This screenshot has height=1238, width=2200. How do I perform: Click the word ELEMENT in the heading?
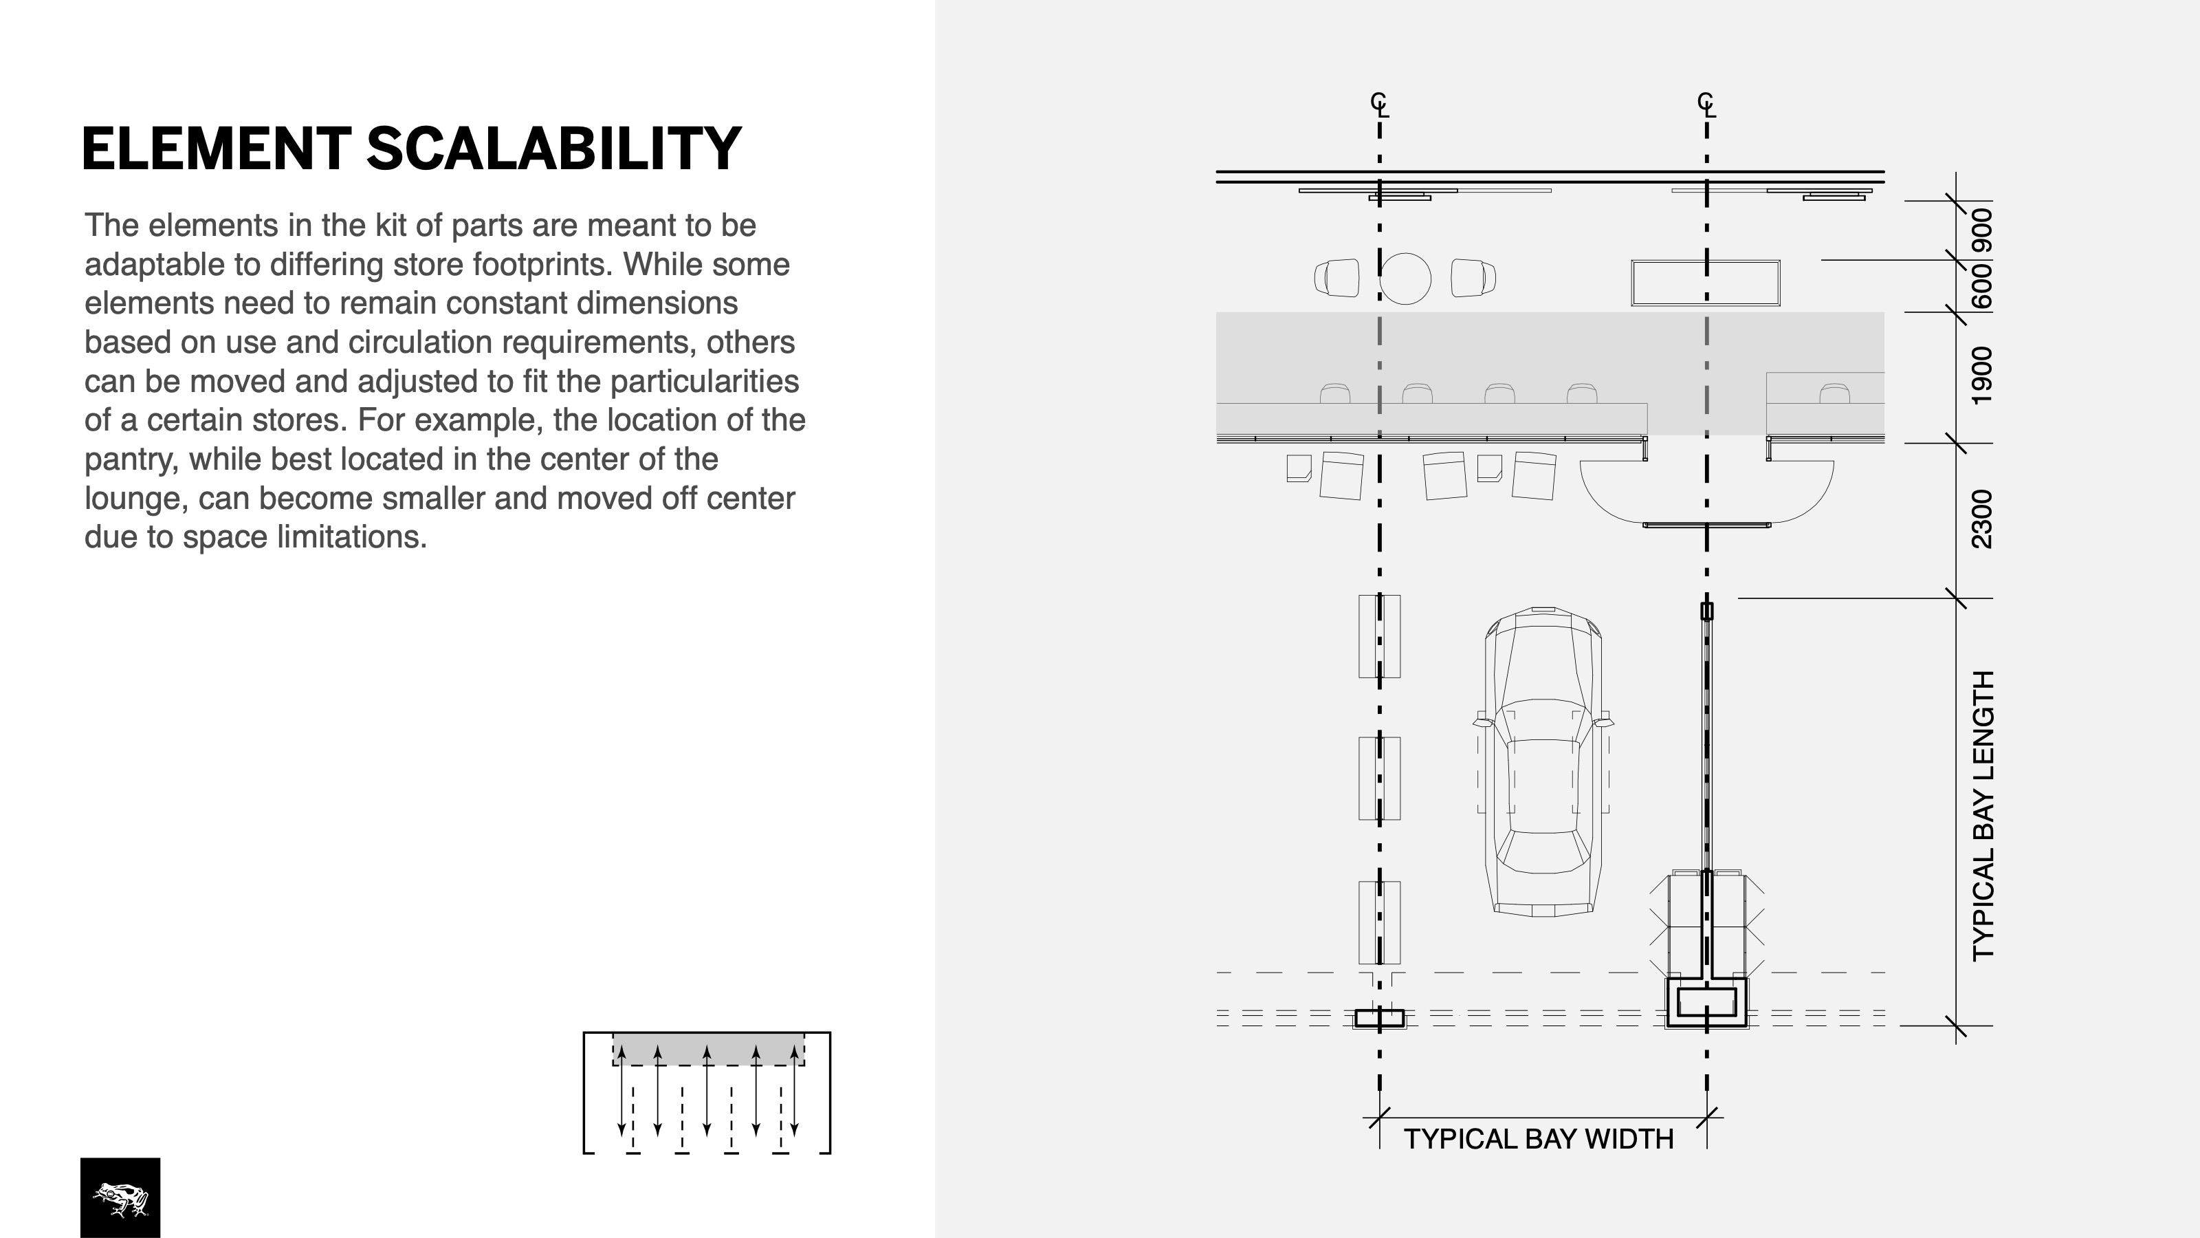(216, 149)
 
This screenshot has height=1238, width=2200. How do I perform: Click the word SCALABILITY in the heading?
(553, 149)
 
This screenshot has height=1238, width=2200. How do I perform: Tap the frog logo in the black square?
(120, 1199)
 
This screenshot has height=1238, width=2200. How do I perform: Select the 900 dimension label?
(1982, 230)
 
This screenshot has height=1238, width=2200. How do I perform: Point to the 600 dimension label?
(1982, 286)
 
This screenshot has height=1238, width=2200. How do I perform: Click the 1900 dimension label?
(1982, 376)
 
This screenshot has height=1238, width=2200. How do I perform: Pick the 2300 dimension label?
(1982, 519)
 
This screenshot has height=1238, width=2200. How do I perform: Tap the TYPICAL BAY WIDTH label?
(1538, 1140)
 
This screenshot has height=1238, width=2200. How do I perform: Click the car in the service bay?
(1542, 761)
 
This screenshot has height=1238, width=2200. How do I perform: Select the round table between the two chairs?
(1405, 279)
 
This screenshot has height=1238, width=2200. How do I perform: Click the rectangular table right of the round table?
(1706, 283)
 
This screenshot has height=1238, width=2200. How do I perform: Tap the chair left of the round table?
(1336, 279)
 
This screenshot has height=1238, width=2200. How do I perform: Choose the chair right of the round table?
(1473, 279)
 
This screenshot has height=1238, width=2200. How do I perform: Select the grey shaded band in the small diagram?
(708, 1048)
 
